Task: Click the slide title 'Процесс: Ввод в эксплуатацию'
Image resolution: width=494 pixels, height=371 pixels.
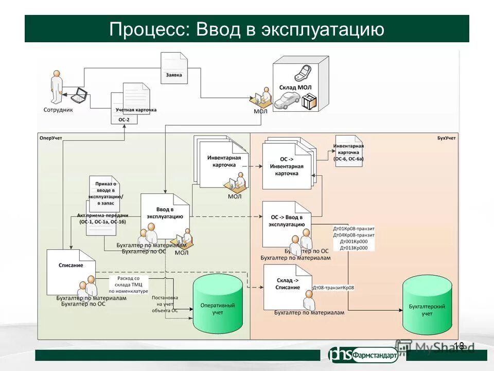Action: (x=246, y=29)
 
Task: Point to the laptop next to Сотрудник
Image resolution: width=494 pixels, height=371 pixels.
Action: (x=80, y=94)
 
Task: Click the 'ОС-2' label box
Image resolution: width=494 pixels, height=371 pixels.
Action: (x=124, y=120)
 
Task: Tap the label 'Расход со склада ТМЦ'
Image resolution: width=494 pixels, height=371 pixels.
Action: (x=129, y=281)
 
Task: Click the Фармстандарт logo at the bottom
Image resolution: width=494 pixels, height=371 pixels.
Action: (x=363, y=355)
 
